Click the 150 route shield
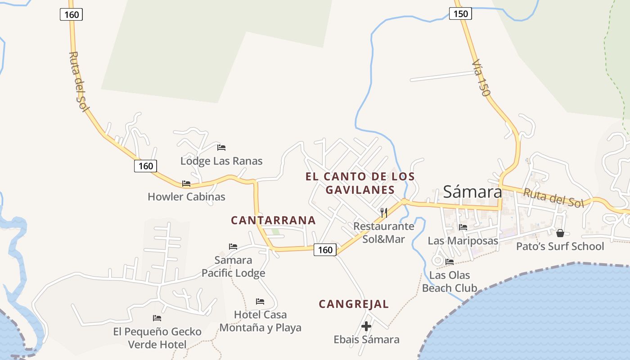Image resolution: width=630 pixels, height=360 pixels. [460, 14]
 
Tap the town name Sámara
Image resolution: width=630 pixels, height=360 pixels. [472, 192]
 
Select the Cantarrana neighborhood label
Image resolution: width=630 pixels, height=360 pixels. [273, 220]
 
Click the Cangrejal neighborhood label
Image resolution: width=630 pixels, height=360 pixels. [354, 304]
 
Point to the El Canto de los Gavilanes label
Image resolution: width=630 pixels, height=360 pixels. [360, 183]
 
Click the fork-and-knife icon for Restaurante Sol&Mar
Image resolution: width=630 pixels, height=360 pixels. [384, 212]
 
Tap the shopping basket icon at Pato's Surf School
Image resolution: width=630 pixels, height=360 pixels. [560, 233]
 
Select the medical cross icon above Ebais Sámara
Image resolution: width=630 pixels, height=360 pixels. [366, 326]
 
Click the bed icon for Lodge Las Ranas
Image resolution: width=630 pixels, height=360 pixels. [221, 147]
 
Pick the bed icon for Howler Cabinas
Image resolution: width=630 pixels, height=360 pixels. [186, 183]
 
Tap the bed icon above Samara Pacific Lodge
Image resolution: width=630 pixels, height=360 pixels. [233, 246]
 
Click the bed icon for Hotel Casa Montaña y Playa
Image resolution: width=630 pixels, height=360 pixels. [260, 301]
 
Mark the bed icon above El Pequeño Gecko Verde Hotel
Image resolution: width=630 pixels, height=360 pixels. [157, 318]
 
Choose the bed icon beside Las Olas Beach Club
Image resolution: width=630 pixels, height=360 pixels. [450, 261]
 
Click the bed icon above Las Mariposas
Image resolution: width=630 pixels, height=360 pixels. [463, 227]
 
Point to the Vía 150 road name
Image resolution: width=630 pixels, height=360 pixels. [481, 79]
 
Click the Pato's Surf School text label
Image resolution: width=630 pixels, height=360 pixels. [560, 246]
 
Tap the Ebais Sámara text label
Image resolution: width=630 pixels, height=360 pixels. [366, 339]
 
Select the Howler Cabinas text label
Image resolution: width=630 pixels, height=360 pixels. [186, 197]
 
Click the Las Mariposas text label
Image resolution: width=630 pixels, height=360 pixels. [463, 241]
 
